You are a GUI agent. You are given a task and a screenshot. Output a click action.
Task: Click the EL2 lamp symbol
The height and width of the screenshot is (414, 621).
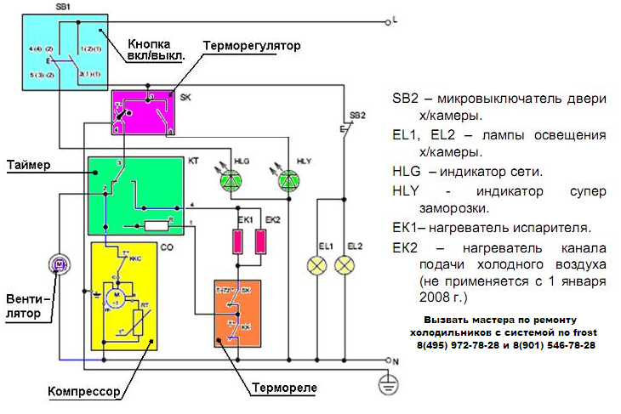(x=345, y=266)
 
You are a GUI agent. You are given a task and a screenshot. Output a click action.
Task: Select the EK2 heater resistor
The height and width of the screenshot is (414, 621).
(x=261, y=241)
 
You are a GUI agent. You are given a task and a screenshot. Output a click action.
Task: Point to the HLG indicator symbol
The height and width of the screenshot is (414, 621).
(x=231, y=179)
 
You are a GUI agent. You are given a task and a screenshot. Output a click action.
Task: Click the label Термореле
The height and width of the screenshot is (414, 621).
(x=284, y=388)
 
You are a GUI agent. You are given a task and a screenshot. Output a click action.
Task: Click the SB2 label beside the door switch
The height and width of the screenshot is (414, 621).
(x=356, y=115)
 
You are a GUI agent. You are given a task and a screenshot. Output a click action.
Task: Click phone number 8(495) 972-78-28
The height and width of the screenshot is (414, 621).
(x=454, y=346)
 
